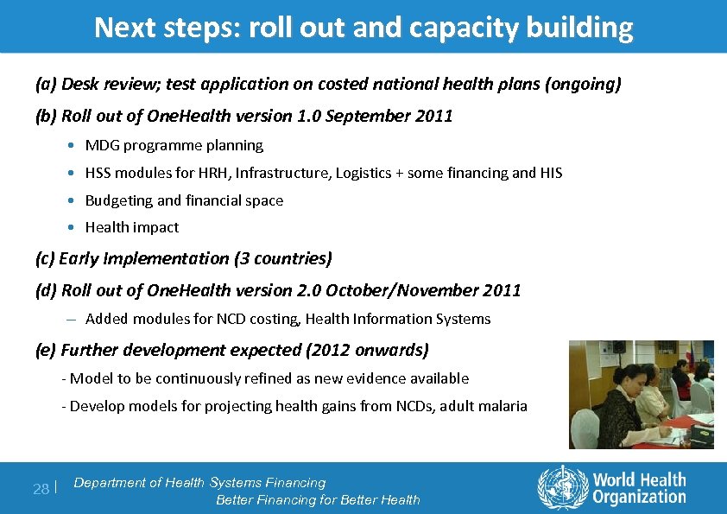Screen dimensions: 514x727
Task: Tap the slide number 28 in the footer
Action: (41, 490)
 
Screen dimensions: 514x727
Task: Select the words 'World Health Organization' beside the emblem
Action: (638, 487)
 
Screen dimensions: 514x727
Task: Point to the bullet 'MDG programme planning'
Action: (174, 145)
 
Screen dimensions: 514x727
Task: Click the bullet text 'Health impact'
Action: (132, 227)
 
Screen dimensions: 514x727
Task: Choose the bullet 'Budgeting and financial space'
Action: (184, 200)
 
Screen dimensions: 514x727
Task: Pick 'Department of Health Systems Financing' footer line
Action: (199, 483)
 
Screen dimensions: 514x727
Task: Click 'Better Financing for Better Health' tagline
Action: (318, 499)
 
